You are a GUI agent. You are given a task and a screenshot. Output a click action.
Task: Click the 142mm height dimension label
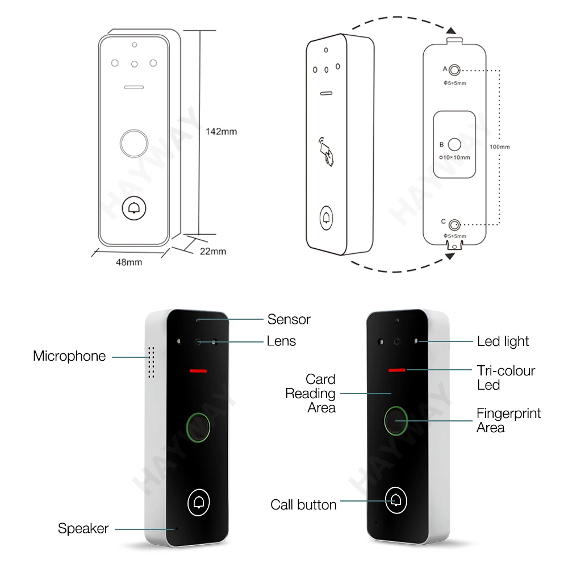[222, 132]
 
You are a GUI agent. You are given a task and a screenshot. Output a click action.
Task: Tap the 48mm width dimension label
[129, 262]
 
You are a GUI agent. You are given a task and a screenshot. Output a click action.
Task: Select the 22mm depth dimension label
[213, 252]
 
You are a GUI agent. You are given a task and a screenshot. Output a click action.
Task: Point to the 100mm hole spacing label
[499, 147]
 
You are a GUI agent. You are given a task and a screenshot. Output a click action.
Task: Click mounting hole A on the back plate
[454, 70]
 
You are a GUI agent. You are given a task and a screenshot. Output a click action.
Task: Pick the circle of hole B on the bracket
[454, 144]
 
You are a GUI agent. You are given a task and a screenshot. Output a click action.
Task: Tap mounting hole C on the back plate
[454, 225]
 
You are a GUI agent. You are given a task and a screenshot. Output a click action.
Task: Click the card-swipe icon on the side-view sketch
[326, 152]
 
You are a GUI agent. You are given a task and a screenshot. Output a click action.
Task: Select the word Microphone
[69, 356]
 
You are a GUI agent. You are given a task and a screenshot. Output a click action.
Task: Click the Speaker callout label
[83, 528]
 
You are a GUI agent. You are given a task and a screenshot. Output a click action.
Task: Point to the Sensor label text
[289, 319]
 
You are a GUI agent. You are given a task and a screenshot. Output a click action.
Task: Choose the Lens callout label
[281, 341]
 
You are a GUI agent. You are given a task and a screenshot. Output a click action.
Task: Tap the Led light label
[503, 341]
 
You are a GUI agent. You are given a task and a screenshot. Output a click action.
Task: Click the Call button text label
[303, 505]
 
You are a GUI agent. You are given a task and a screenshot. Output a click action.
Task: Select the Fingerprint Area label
[508, 420]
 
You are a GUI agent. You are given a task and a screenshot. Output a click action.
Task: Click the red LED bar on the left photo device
[198, 371]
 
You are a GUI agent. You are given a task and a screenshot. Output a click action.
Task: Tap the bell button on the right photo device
[396, 500]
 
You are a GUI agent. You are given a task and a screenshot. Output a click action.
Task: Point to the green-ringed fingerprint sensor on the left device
[198, 428]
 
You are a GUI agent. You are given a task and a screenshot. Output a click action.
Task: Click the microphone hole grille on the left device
[152, 362]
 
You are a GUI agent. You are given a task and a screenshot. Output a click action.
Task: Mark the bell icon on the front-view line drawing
[134, 208]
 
